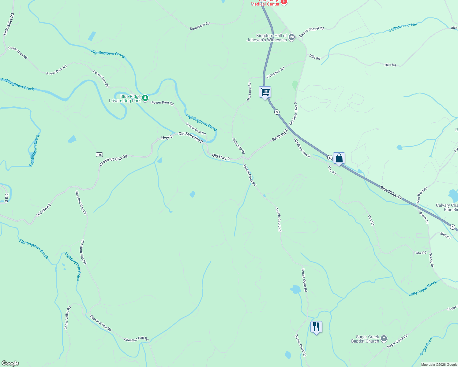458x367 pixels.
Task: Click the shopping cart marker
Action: coord(265,92)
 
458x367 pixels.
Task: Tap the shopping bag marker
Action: coord(339,158)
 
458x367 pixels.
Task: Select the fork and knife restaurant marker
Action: coord(316,327)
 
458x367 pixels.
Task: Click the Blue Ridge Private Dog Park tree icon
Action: coord(145,98)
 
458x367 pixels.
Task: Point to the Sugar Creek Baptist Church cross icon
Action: coord(384,339)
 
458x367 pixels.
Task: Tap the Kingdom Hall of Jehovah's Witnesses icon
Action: coord(291,37)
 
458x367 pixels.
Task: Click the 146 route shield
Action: coord(99,154)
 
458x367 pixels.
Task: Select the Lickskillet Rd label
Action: coord(9,24)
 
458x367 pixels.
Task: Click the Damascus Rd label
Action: coord(200,26)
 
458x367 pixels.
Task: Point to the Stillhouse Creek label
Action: coord(403,27)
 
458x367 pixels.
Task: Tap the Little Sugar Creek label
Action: coord(423,288)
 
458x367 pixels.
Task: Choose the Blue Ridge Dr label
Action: coord(391,193)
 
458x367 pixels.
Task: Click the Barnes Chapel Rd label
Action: coord(311,32)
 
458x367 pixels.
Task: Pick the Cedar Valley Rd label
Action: coord(67,318)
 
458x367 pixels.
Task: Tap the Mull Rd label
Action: coord(445,235)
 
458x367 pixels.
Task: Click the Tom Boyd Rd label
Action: coord(422,195)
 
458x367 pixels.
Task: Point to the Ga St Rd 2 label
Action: coord(280,135)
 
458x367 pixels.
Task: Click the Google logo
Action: coord(10,363)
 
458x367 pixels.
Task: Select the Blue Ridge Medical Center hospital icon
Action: coord(284,2)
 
